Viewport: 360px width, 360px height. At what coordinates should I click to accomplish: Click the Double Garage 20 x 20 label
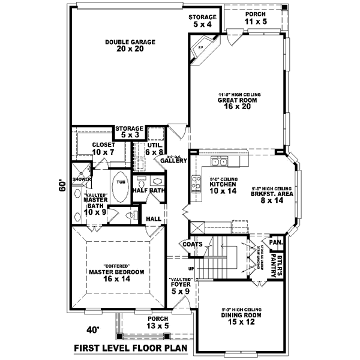click(130, 46)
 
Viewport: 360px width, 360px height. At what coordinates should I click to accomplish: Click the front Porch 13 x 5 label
click(158, 323)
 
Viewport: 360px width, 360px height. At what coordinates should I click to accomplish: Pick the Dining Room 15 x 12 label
click(236, 316)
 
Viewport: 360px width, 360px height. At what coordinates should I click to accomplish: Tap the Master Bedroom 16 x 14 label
click(116, 272)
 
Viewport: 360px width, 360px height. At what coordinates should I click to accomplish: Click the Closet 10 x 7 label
click(103, 149)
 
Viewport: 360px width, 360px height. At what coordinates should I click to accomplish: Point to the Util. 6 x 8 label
click(155, 149)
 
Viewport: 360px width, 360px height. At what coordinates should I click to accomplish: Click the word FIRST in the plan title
click(90, 348)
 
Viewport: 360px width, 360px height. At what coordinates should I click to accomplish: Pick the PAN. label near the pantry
click(275, 242)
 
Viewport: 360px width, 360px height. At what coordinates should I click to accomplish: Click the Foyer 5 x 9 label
click(180, 287)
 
